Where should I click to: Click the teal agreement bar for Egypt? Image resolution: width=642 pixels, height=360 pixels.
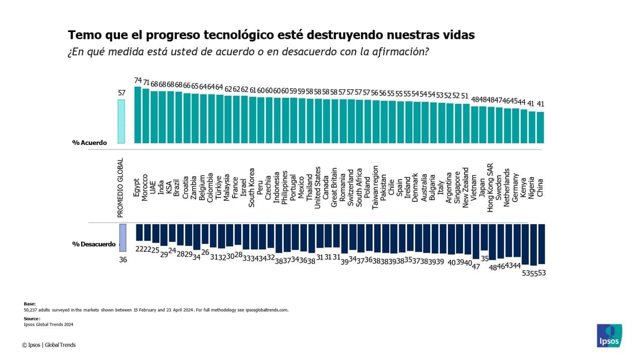pos(137,115)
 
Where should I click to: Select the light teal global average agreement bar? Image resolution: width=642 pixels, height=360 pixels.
pos(121,121)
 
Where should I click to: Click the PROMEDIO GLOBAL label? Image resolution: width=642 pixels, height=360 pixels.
pos(120,189)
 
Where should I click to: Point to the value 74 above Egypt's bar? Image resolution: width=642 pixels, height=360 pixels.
pos(138,80)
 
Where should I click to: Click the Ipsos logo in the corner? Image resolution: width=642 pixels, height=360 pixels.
pos(609,335)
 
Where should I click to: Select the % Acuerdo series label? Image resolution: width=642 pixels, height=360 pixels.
pos(90,143)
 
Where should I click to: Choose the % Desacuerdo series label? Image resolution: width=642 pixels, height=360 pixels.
pos(94,244)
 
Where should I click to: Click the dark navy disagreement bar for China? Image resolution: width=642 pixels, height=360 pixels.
pos(541,244)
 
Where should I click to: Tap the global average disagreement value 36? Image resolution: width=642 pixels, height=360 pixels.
pos(122,260)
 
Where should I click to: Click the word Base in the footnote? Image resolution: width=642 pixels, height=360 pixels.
pos(30,304)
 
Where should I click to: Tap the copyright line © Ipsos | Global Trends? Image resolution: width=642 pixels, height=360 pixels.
pos(49,345)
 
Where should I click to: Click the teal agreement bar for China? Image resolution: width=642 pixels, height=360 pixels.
pos(540,127)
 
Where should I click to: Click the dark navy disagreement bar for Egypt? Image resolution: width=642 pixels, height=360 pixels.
pos(139,232)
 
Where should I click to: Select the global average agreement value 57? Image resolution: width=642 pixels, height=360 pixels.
pos(121,93)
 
